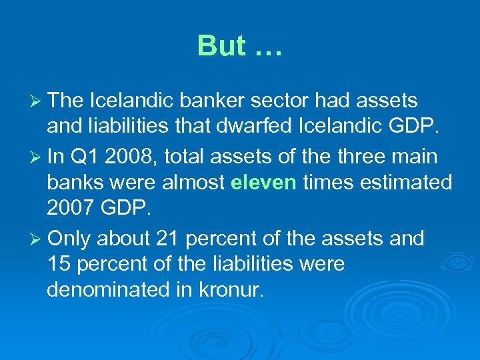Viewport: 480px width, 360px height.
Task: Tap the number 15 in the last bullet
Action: point(59,264)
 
